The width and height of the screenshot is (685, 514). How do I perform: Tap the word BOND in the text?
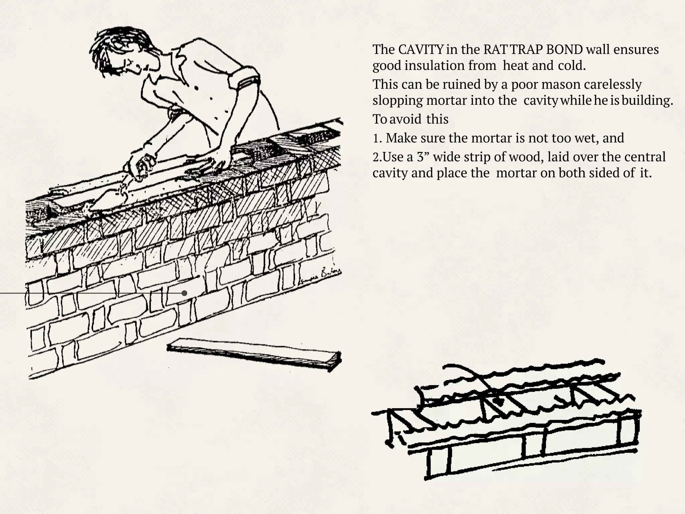click(x=564, y=50)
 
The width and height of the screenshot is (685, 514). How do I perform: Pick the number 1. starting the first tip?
click(x=377, y=138)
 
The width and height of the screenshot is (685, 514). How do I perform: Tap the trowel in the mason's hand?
click(x=110, y=197)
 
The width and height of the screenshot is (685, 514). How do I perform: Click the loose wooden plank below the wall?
click(x=254, y=354)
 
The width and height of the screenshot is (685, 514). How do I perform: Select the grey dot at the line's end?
click(x=184, y=293)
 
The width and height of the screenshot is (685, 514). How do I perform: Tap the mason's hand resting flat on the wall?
click(x=214, y=166)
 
